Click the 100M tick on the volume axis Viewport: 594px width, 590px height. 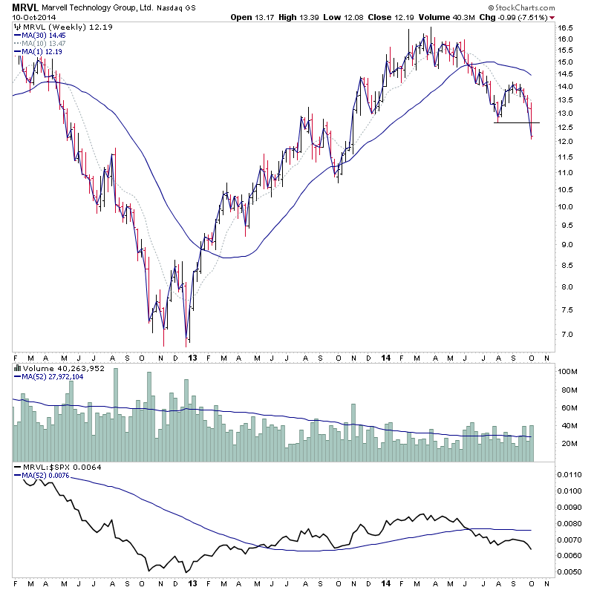point(568,371)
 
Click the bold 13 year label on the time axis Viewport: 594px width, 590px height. point(192,357)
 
